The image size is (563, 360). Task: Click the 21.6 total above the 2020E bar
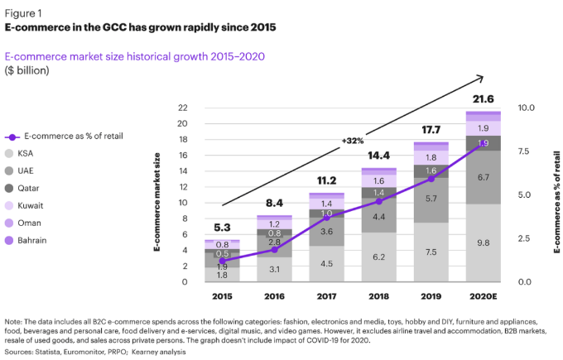click(x=482, y=99)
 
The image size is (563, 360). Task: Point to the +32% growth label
click(x=353, y=141)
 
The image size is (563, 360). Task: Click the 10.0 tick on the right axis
click(x=527, y=108)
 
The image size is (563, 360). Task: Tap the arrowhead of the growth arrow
click(x=482, y=77)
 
